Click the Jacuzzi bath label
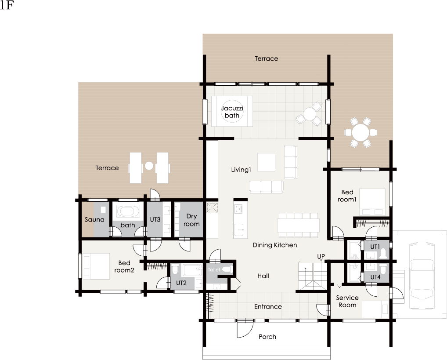coord(232,112)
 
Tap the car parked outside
coord(422,276)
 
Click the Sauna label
coord(94,219)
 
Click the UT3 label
coord(155,219)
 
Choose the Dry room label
coord(191,220)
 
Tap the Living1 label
coord(241,170)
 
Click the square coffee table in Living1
coord(266,162)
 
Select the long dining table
coord(298,225)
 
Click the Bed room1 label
coord(347,196)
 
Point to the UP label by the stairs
coord(321,256)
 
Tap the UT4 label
coord(375,277)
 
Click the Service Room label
coord(347,301)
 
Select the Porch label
coord(267,337)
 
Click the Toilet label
coord(214,269)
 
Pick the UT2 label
coord(181,283)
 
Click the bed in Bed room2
coord(95,266)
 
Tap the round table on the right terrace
coord(360,132)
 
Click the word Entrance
coord(268,307)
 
